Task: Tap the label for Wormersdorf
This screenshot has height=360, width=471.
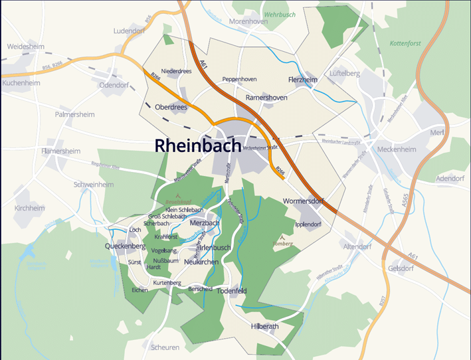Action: (306, 200)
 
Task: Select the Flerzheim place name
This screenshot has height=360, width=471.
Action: (303, 80)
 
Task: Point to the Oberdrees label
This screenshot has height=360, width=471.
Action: (171, 107)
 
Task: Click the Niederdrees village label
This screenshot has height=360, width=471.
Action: (176, 71)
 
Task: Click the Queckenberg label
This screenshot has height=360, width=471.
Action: (125, 246)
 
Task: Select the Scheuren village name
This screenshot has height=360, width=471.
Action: (165, 347)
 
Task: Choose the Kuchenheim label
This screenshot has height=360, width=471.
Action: (21, 83)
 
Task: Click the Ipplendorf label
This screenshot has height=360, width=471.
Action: (308, 224)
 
